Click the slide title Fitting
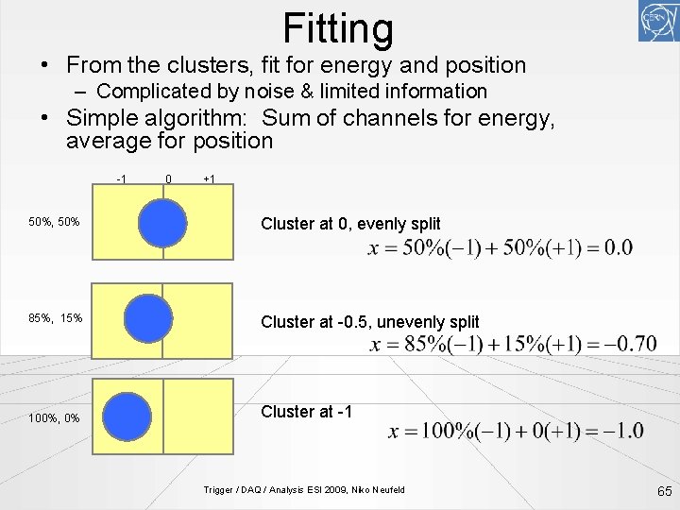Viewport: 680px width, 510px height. click(338, 28)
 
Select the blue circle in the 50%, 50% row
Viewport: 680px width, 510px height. click(162, 224)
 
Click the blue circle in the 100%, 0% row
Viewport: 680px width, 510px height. click(127, 416)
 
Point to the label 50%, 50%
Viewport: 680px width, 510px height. click(54, 223)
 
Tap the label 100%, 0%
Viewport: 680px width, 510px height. click(54, 417)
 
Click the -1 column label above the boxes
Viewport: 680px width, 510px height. click(122, 179)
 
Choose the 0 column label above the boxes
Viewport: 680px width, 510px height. click(167, 179)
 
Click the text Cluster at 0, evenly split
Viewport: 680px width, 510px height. click(350, 224)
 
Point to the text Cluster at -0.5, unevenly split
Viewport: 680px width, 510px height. click(369, 322)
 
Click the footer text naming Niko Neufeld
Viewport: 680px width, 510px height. click(304, 489)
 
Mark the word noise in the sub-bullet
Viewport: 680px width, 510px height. click(270, 92)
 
